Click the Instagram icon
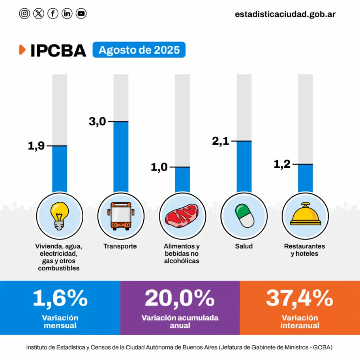coord(24,14)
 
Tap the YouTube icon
coord(81,14)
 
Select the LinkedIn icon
coord(67,14)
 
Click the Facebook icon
coord(53,14)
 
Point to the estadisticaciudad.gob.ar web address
coord(285,14)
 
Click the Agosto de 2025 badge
coord(139,50)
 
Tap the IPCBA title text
coord(58,51)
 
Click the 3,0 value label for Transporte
coord(97,122)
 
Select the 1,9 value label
coord(36,146)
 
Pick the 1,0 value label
coord(159,167)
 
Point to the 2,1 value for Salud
coord(221,141)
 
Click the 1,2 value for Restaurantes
coord(282,164)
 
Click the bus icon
coord(121,216)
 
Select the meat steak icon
coord(182,216)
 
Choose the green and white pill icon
coord(244,216)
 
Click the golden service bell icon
coord(305,215)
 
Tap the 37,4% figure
coord(299,298)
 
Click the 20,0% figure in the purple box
coord(180,298)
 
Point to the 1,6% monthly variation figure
coord(60,298)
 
